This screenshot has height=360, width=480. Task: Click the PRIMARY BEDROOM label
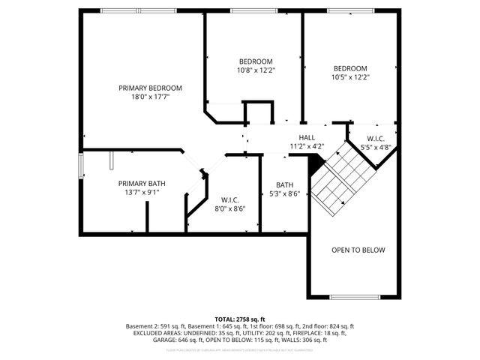point(150,88)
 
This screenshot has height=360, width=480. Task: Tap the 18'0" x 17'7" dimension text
point(150,97)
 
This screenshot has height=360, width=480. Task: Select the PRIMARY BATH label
point(142,184)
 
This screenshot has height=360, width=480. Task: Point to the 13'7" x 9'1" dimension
point(142,193)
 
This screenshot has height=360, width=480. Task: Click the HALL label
point(307,137)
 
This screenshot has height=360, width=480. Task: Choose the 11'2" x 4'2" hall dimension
point(307,146)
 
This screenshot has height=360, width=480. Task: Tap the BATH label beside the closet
point(284,185)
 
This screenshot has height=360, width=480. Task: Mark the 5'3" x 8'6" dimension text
point(284,194)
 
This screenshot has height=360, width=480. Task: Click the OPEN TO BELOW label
point(358,250)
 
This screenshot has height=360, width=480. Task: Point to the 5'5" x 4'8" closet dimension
point(375,148)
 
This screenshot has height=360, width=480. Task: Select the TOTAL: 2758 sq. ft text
point(240,319)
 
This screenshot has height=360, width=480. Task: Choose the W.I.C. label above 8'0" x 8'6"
point(229,199)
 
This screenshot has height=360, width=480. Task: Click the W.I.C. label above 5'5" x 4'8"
point(375,139)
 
